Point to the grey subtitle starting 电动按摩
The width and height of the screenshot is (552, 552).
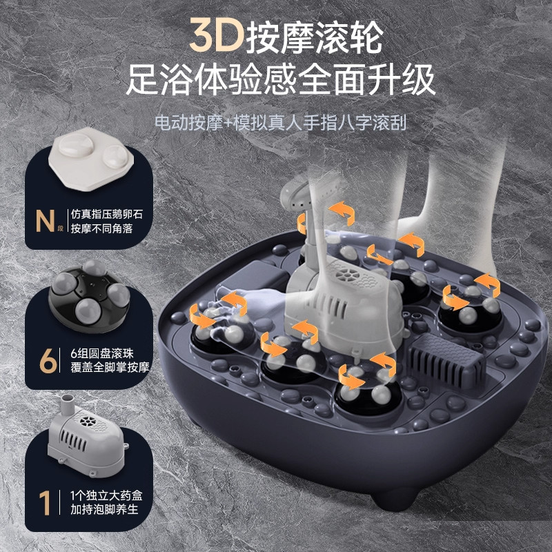(280, 124)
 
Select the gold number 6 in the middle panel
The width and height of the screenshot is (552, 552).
(47, 360)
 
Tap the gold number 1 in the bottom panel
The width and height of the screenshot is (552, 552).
(46, 502)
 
